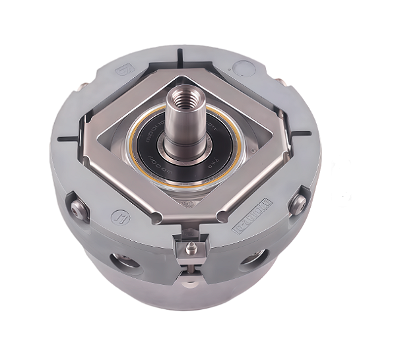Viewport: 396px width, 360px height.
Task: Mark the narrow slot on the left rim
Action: (67, 139)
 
